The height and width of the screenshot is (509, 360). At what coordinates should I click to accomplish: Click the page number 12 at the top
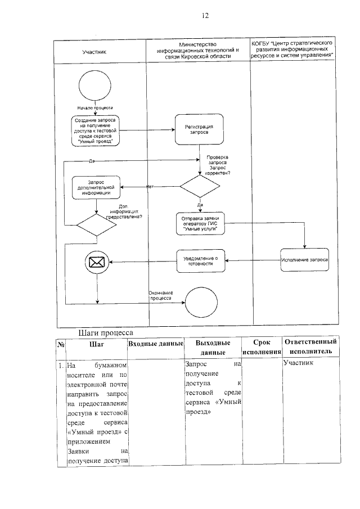[x=205, y=16]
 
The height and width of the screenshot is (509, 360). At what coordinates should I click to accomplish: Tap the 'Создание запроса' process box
[x=96, y=131]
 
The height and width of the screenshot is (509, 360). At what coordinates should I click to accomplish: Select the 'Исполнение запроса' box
[x=305, y=260]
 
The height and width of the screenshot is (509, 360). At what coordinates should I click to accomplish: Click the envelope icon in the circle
[x=97, y=261]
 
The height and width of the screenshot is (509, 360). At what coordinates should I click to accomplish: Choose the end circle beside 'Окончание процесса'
[x=201, y=302]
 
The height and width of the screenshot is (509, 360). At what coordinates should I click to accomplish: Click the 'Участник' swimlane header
[x=94, y=52]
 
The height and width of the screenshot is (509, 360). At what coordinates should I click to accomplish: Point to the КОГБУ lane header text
[x=293, y=50]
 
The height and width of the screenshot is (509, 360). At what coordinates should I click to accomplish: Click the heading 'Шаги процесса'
[x=104, y=332]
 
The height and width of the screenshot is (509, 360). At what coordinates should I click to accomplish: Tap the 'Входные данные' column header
[x=156, y=343]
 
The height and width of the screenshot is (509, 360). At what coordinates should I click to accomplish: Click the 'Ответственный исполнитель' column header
[x=310, y=346]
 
